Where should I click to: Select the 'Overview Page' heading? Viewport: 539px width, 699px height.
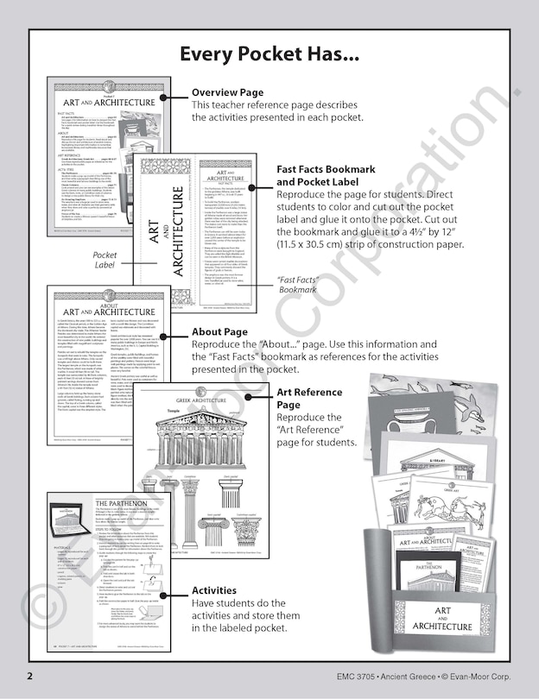pyautogui.click(x=227, y=92)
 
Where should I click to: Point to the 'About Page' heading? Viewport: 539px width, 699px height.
pyautogui.click(x=219, y=331)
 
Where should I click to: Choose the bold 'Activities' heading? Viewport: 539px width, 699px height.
pyautogui.click(x=213, y=590)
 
